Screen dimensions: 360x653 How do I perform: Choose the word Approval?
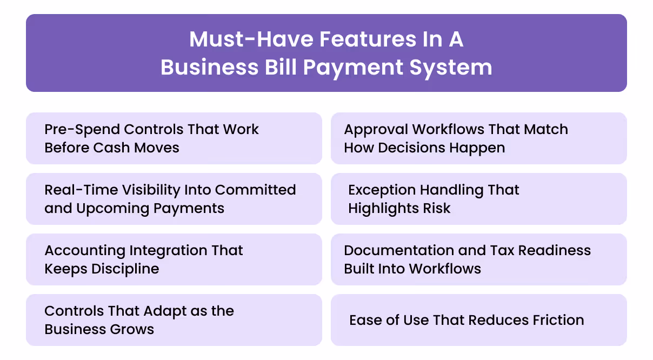click(x=376, y=130)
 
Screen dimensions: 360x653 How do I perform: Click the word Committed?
click(x=256, y=190)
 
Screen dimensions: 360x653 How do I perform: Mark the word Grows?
click(x=134, y=329)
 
